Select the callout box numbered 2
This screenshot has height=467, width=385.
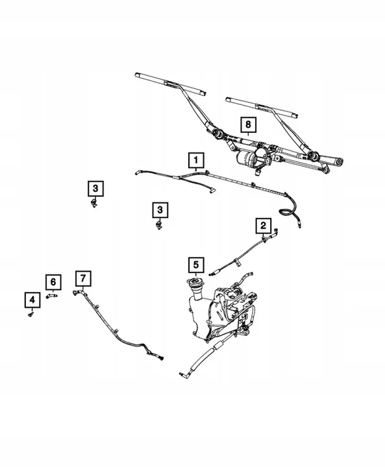point(263,226)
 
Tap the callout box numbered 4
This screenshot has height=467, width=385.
point(31,300)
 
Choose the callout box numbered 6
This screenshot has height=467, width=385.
point(53,281)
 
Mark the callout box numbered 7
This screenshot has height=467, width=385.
point(82,279)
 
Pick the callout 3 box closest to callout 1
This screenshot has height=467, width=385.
point(159,210)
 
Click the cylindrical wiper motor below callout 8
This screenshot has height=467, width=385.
point(247,159)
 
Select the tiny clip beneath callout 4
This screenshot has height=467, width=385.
point(31,315)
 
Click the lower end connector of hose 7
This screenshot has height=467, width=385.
point(159,357)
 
